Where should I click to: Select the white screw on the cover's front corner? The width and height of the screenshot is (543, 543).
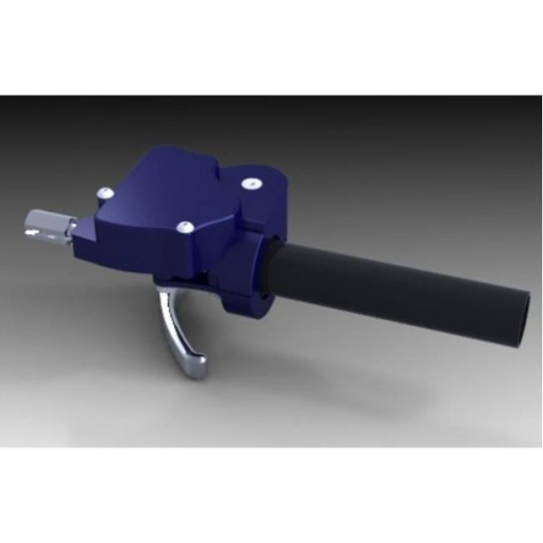(185, 227)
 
